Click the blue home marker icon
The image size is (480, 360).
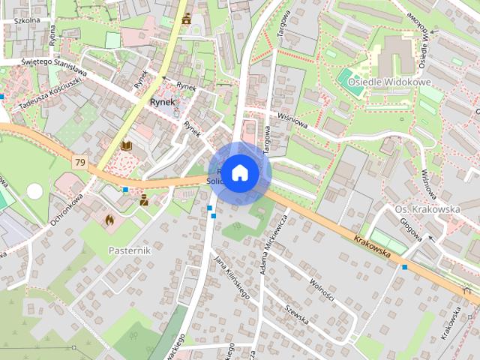pos(240,172)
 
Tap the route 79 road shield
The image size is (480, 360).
pos(79,162)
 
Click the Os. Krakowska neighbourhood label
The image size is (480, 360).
pos(427,209)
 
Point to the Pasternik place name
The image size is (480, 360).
pos(129,250)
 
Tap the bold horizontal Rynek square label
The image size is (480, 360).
pos(162,101)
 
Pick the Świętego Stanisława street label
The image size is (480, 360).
pos(54,67)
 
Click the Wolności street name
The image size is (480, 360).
pos(322,289)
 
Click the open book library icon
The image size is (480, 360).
pos(126,145)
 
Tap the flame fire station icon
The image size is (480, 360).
pos(109,220)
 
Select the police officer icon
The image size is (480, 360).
pos(143,199)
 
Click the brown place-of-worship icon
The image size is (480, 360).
pos(186,19)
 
